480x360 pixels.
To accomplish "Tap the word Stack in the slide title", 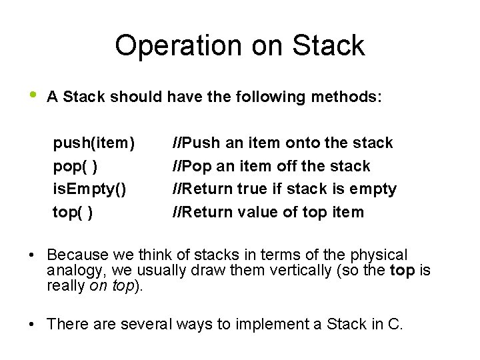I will [x=327, y=46].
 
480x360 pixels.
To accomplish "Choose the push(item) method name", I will [x=94, y=143].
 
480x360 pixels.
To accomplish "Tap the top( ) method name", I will [x=73, y=213].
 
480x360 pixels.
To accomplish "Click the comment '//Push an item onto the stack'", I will [x=283, y=143].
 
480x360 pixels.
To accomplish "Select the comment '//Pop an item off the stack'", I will [x=271, y=166].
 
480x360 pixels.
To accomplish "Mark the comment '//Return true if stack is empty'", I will [x=285, y=189].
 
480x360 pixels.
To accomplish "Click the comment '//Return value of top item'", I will [x=268, y=213].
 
